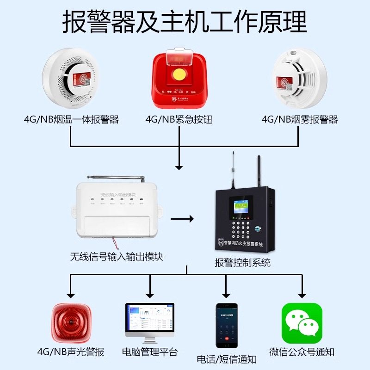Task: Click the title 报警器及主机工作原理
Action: pyautogui.click(x=185, y=21)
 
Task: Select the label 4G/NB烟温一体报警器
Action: pyautogui.click(x=72, y=119)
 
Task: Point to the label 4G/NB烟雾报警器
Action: pyautogui.click(x=300, y=119)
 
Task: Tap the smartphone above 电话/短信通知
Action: pyautogui.click(x=227, y=325)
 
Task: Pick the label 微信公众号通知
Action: pyautogui.click(x=302, y=352)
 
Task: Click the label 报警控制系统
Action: pyautogui.click(x=242, y=263)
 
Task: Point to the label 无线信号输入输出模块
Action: pyautogui.click(x=117, y=256)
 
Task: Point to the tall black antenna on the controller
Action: pyautogui.click(x=259, y=169)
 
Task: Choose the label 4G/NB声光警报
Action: pyautogui.click(x=71, y=352)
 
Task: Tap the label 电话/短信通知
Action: pyautogui.click(x=227, y=359)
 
